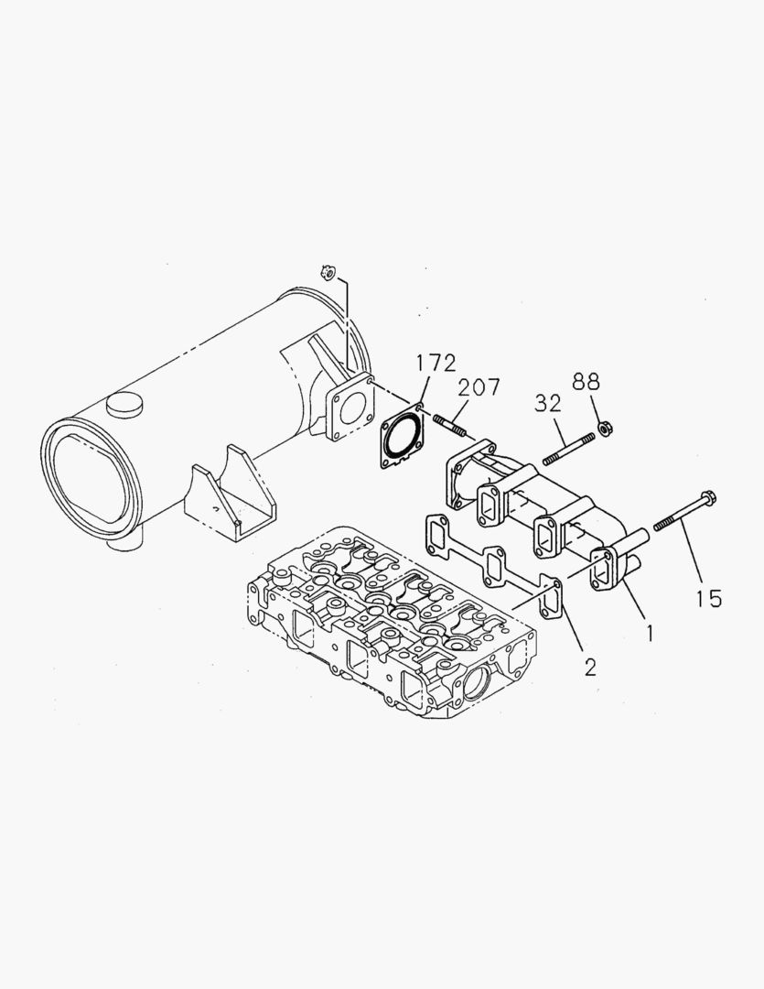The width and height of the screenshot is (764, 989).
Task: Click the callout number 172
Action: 436,364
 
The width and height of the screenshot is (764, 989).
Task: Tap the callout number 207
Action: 479,387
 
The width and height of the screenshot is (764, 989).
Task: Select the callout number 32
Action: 549,404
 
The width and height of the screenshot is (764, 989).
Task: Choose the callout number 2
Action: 590,666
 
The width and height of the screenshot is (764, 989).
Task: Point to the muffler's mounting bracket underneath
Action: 229,499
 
